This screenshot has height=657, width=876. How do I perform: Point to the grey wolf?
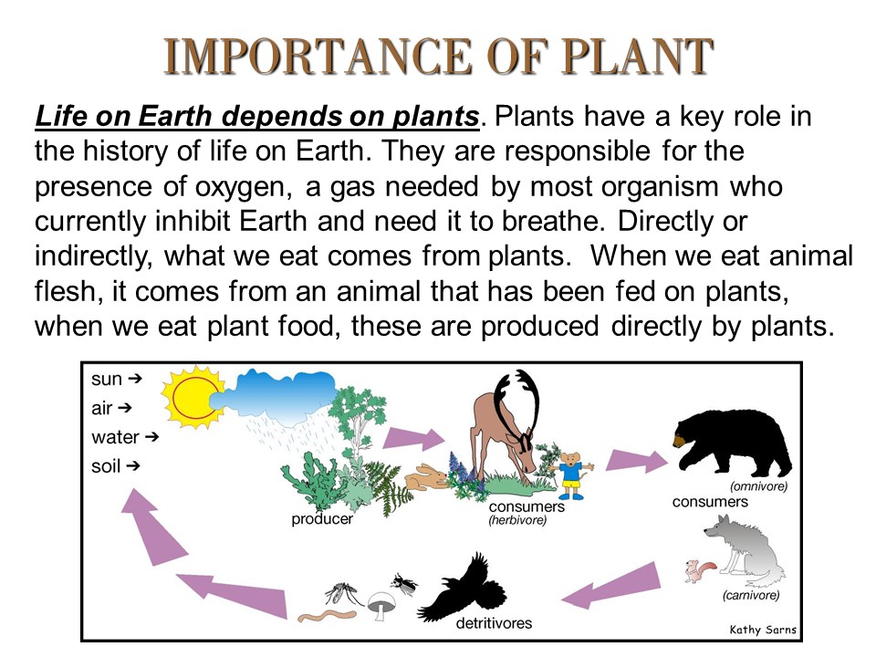coord(744,553)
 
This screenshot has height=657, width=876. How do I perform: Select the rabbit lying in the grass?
coord(426,475)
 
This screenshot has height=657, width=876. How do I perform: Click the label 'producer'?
coord(322,520)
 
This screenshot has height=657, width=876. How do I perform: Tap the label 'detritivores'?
coord(494,624)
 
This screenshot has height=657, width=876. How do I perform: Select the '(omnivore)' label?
coord(758,486)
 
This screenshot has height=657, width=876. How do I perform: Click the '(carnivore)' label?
coord(750,596)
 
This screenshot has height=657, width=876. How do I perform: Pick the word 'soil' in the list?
coord(106,466)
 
